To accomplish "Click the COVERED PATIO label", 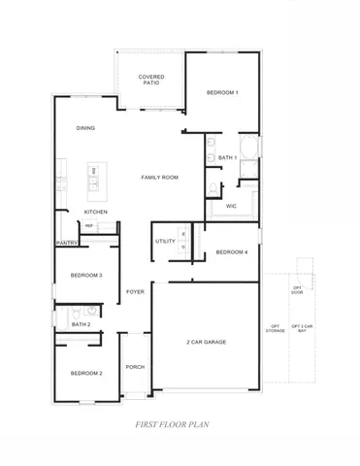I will pyautogui.click(x=149, y=80).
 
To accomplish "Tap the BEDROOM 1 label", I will pyautogui.click(x=222, y=92).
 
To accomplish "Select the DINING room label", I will pyautogui.click(x=85, y=128).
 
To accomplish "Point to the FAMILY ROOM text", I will pyautogui.click(x=160, y=178).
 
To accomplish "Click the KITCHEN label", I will pyautogui.click(x=95, y=212).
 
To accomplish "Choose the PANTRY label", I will pyautogui.click(x=66, y=243).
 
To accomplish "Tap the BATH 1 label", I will pyautogui.click(x=227, y=157).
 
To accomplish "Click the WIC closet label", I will pyautogui.click(x=231, y=206).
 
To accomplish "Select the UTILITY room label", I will pyautogui.click(x=164, y=241).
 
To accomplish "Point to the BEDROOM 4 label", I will pyautogui.click(x=232, y=252).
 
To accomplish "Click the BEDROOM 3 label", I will pyautogui.click(x=86, y=276).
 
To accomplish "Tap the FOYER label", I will pyautogui.click(x=135, y=291).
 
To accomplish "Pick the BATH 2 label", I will pyautogui.click(x=81, y=324).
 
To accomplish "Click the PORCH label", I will pyautogui.click(x=135, y=367).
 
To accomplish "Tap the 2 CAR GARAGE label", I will pyautogui.click(x=206, y=343).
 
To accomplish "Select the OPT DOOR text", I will pyautogui.click(x=298, y=289).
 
